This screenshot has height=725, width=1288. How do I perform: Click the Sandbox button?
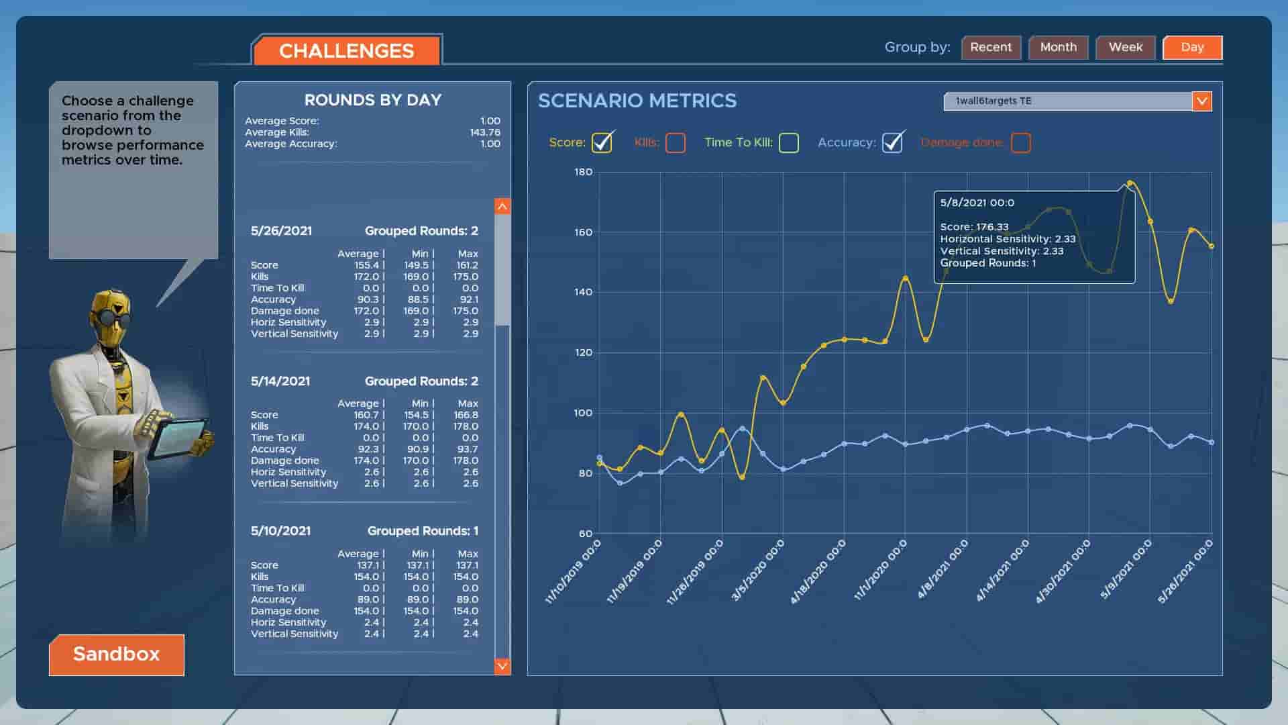click(x=117, y=655)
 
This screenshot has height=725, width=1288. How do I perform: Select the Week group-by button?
click(x=1125, y=48)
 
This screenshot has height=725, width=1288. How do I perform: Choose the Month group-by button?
click(x=1058, y=48)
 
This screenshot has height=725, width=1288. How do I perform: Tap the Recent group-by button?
click(x=991, y=48)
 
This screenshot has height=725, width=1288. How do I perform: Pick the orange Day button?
click(x=1192, y=48)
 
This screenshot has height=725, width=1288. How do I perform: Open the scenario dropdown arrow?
click(x=1201, y=101)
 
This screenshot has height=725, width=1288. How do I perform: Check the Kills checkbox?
click(x=676, y=143)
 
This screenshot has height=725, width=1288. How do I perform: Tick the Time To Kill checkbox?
click(x=789, y=143)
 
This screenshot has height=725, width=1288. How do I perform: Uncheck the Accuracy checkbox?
click(x=892, y=143)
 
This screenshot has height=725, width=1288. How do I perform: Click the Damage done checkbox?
click(x=1020, y=143)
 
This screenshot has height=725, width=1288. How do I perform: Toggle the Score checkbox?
click(x=602, y=143)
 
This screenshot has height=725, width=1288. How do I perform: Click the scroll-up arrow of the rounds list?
click(x=502, y=207)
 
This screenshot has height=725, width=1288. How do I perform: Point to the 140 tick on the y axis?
click(x=583, y=292)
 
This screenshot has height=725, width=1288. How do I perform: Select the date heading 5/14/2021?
click(x=280, y=381)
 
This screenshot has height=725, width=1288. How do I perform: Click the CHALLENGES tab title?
click(x=347, y=51)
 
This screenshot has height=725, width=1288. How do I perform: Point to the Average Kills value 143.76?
click(x=485, y=132)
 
